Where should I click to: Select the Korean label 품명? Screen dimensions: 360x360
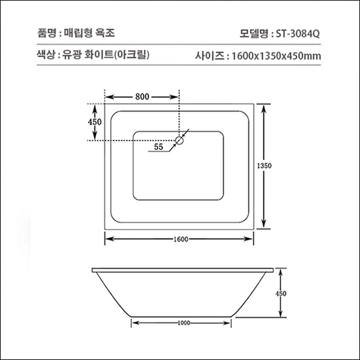pyautogui.click(x=46, y=33)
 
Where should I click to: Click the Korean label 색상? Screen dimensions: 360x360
pyautogui.click(x=46, y=55)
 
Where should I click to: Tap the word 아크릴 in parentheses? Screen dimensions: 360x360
pyautogui.click(x=135, y=55)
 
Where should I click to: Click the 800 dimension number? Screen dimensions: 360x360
pyautogui.click(x=142, y=96)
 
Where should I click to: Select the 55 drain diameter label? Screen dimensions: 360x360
pyautogui.click(x=158, y=147)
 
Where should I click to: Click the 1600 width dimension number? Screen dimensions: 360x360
pyautogui.click(x=179, y=239)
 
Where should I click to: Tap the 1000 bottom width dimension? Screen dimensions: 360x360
pyautogui.click(x=183, y=323)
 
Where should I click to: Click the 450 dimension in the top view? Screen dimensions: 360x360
pyautogui.click(x=94, y=122)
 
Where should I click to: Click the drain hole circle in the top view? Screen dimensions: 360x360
pyautogui.click(x=179, y=139)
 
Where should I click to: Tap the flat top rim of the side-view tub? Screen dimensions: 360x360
pyautogui.click(x=183, y=269)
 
